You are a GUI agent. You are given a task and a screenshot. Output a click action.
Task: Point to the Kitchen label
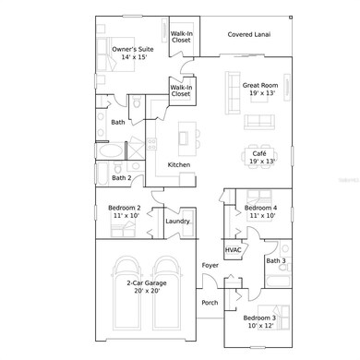179,164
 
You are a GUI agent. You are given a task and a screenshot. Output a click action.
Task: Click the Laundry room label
177,221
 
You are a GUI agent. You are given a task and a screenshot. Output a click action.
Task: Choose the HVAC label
234,250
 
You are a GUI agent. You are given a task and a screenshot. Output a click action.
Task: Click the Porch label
210,302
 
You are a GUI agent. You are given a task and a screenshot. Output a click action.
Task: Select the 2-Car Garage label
143,285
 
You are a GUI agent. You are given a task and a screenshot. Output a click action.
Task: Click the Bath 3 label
276,261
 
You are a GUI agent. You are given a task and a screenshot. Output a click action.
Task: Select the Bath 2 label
122,177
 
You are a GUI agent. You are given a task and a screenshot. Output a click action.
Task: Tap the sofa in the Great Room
258,121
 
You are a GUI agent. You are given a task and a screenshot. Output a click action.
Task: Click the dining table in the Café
259,136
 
